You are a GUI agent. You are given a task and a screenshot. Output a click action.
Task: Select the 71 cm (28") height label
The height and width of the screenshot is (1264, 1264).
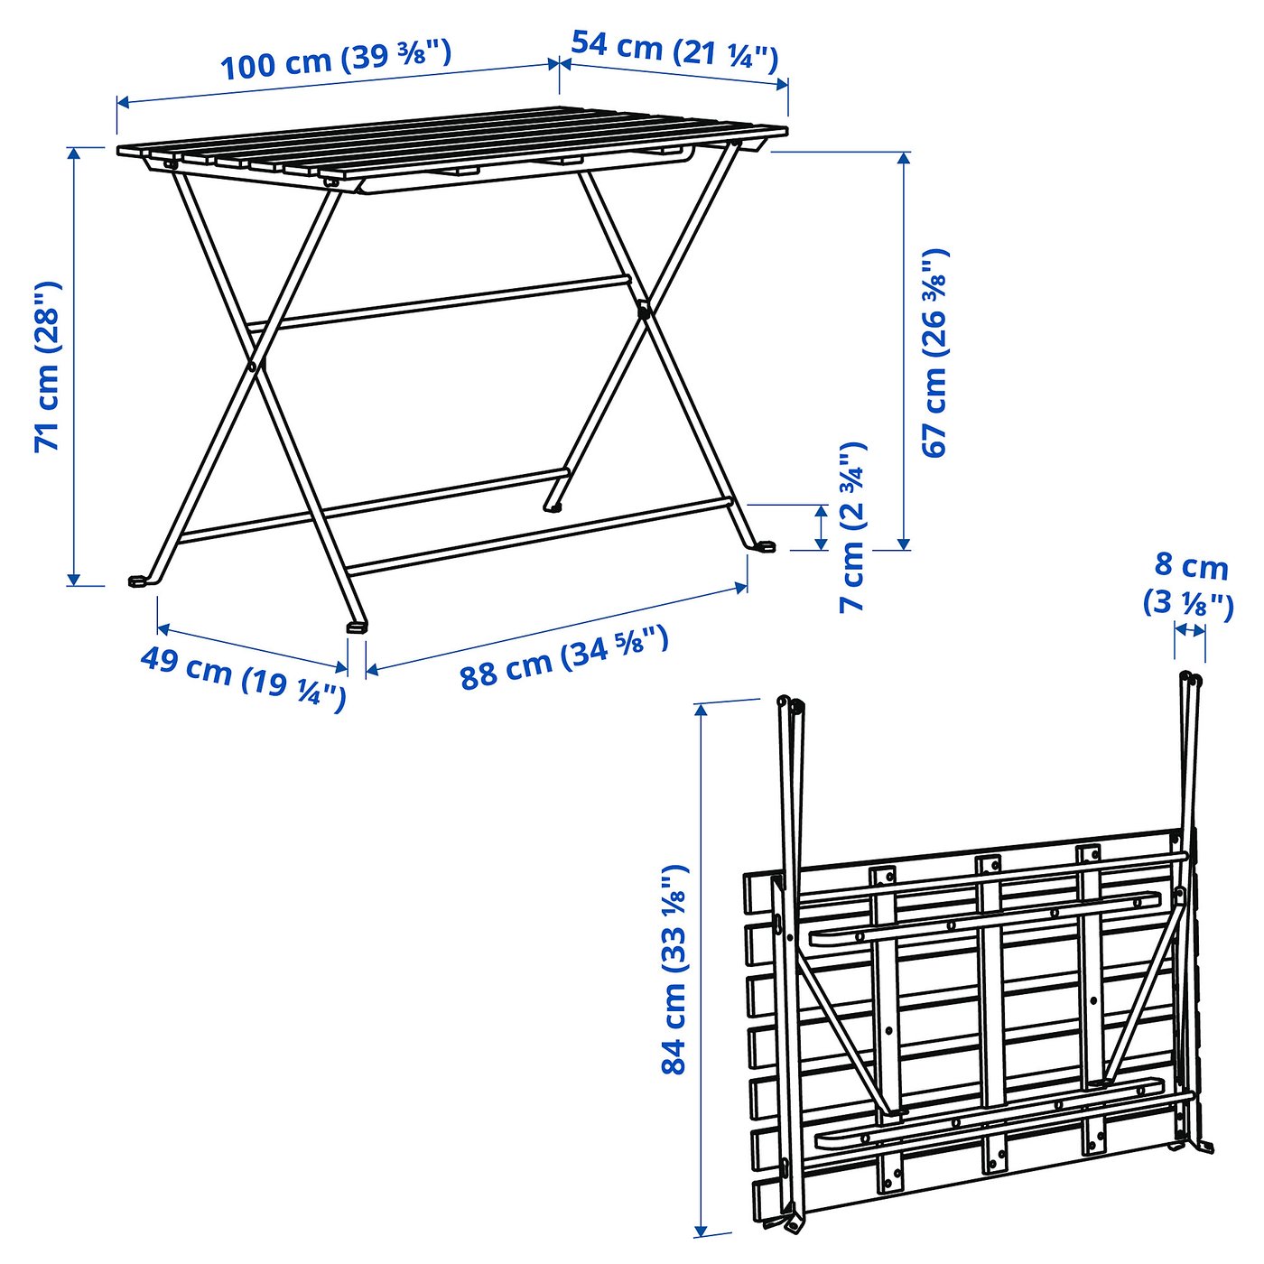(x=47, y=366)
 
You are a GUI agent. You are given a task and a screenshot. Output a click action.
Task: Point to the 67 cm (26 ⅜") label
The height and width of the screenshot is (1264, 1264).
(x=935, y=352)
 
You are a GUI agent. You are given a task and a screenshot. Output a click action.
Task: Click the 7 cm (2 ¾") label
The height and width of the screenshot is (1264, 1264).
(x=852, y=527)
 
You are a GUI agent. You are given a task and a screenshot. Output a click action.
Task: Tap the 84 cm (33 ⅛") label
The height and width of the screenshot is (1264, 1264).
(x=674, y=969)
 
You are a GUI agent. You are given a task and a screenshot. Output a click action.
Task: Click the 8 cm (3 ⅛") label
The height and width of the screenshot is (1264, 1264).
(x=1190, y=584)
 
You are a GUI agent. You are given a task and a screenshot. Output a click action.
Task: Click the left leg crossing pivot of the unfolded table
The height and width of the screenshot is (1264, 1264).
(x=255, y=366)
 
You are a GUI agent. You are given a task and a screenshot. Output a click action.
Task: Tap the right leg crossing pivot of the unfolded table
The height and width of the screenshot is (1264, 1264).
(x=643, y=311)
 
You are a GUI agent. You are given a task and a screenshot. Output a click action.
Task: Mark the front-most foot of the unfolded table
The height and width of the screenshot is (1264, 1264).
(x=358, y=625)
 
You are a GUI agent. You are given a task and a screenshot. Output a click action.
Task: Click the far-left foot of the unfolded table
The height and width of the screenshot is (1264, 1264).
(x=138, y=581)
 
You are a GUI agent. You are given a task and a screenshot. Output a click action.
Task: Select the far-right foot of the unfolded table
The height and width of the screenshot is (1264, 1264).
(x=765, y=546)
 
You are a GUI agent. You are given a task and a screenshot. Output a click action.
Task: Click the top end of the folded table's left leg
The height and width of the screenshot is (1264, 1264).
(x=783, y=701)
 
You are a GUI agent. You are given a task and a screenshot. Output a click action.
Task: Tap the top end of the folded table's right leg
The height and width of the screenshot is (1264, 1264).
(x=1186, y=676)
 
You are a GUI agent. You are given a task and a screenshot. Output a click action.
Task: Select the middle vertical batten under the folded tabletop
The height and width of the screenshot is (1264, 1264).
(x=991, y=1011)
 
